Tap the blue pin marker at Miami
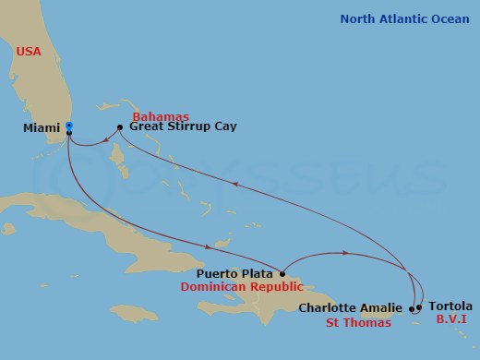tap(70, 128)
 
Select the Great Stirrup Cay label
tap(183, 126)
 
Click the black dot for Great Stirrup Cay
tap(121, 127)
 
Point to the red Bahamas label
tap(162, 116)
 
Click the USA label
tap(30, 52)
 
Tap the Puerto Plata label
tap(234, 273)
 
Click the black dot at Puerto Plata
tap(282, 273)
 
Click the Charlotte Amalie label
tap(351, 307)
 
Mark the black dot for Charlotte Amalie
tap(411, 308)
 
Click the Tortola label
tap(450, 306)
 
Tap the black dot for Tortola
tap(419, 307)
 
